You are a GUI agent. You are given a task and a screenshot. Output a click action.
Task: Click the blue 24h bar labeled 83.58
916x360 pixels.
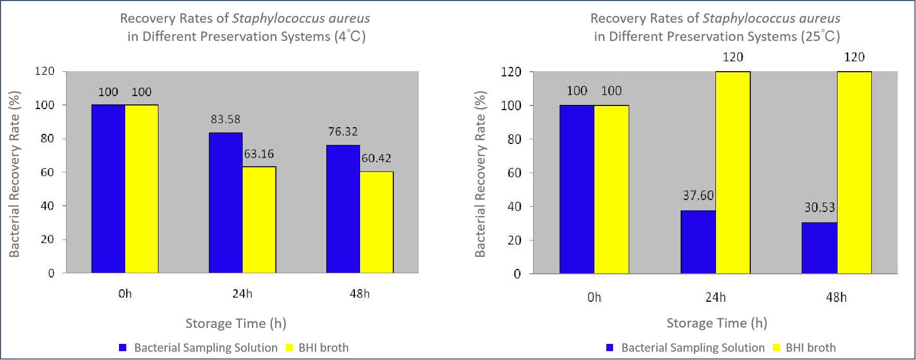tap(225, 203)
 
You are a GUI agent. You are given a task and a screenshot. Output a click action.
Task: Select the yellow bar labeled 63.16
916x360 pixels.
tap(259, 220)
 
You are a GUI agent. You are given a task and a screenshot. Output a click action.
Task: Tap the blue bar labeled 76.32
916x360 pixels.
tap(343, 209)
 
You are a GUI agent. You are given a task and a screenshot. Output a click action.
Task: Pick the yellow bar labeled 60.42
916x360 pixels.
tap(377, 222)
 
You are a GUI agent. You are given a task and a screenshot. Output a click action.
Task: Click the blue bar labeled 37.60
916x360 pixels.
tap(698, 242)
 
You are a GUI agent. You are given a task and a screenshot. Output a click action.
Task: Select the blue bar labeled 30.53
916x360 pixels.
tap(819, 248)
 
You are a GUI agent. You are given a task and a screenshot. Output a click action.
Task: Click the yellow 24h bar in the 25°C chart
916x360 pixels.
tap(733, 172)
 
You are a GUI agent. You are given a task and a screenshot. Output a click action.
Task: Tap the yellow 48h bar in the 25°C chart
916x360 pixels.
tap(854, 172)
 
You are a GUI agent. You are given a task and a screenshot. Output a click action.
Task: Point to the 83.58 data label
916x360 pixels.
tap(225, 119)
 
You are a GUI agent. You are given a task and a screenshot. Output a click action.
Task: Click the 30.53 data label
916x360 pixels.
tap(819, 208)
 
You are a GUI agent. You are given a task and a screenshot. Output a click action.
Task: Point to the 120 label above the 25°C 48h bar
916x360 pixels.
tap(854, 57)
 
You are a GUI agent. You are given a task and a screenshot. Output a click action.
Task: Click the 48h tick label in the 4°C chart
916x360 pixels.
tap(360, 294)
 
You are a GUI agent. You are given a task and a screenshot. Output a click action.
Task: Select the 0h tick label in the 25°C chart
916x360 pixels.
tap(594, 297)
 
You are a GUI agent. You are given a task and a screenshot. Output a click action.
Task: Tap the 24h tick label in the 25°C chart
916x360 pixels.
tap(715, 297)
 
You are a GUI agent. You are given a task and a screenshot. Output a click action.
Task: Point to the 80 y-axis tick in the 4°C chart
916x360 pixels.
tap(47, 139)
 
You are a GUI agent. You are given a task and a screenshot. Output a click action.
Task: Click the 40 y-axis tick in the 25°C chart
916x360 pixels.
tap(514, 207)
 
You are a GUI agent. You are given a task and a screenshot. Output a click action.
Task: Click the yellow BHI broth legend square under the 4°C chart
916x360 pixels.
tap(289, 348)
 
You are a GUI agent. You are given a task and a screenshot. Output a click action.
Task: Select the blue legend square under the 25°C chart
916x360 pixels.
tap(610, 348)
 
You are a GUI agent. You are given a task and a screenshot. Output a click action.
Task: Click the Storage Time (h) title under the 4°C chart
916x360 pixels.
tap(236, 324)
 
